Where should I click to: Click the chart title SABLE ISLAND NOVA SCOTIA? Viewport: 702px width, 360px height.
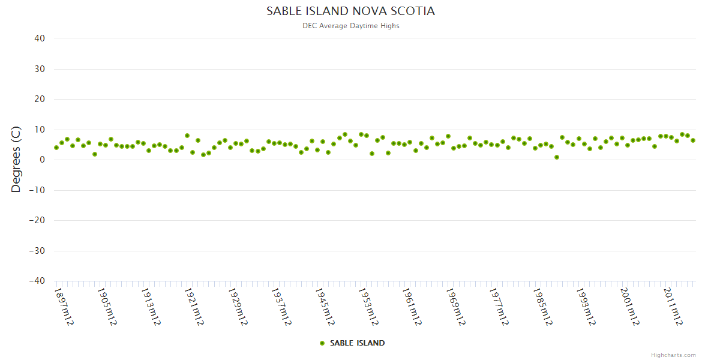pyautogui.click(x=350, y=11)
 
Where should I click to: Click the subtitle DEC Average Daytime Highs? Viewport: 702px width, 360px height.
pyautogui.click(x=350, y=26)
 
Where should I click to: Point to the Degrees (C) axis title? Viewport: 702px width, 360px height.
pyautogui.click(x=16, y=159)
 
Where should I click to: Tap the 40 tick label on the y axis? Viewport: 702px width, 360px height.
pyautogui.click(x=40, y=38)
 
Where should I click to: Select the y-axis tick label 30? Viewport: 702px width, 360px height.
pyautogui.click(x=40, y=69)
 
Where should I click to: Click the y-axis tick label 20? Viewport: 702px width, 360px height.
pyautogui.click(x=40, y=99)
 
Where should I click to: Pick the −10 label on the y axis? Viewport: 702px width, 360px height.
pyautogui.click(x=37, y=190)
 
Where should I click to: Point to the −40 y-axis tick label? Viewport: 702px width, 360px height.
pyautogui.click(x=37, y=281)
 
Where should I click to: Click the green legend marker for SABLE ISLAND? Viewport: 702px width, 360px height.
pyautogui.click(x=322, y=343)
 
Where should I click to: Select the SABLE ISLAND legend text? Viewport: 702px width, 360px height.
pyautogui.click(x=357, y=343)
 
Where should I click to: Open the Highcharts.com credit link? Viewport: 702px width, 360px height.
pyautogui.click(x=673, y=355)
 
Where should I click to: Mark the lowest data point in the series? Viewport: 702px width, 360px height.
pyautogui.click(x=557, y=157)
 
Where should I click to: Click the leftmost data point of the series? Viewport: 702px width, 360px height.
pyautogui.click(x=56, y=148)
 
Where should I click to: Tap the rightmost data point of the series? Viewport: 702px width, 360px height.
pyautogui.click(x=693, y=140)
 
